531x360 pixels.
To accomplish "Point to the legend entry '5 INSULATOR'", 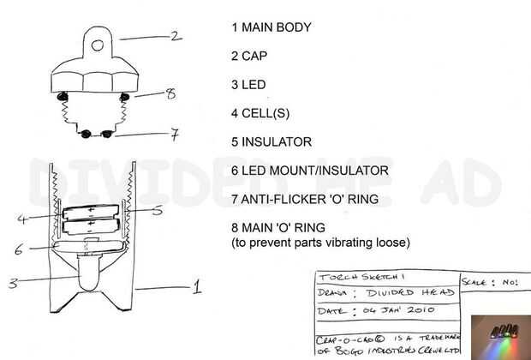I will [x=271, y=142].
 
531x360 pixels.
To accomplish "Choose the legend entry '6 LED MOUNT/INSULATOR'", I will [x=309, y=171].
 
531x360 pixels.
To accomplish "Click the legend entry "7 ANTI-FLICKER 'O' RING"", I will [x=317, y=200].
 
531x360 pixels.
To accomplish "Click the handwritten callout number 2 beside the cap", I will [x=176, y=35].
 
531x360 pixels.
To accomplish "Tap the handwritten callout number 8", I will [x=170, y=93].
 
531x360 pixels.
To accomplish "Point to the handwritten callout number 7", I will [x=174, y=134].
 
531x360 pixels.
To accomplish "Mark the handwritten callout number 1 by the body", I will [x=196, y=286].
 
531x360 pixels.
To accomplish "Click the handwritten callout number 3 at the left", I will [x=14, y=284].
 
